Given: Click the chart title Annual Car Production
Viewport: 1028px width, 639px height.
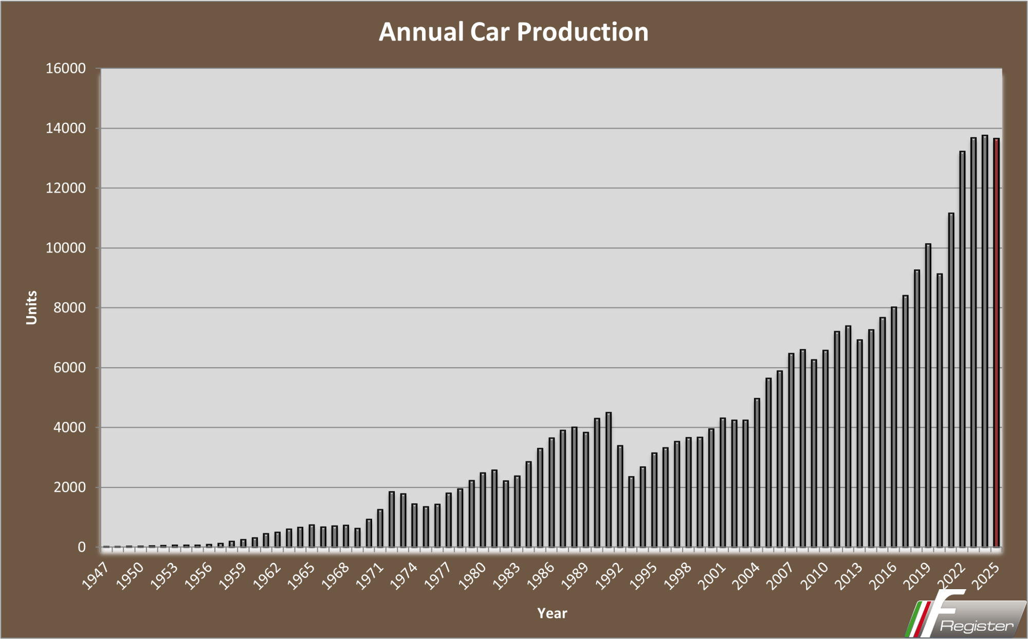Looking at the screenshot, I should click(x=513, y=32).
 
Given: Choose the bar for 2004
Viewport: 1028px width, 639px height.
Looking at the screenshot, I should click(x=757, y=472).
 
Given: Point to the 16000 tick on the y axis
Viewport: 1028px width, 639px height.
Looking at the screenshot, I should click(x=66, y=68).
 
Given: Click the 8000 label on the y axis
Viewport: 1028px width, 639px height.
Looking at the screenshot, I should click(x=69, y=308).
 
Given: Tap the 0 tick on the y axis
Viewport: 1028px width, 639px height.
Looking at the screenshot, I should click(x=82, y=547).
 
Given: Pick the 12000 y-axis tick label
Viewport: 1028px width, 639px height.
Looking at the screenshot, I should click(x=66, y=188).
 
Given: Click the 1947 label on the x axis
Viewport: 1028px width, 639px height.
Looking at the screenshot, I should click(x=96, y=576).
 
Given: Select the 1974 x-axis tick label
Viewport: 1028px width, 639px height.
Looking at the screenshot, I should click(x=404, y=576).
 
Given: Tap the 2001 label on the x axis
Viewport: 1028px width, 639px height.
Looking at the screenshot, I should click(x=712, y=576).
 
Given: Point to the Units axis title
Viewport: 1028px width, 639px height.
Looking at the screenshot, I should click(x=32, y=307).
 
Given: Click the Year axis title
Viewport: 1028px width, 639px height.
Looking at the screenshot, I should click(x=552, y=613).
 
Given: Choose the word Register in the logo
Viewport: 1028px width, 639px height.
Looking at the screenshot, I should click(x=976, y=626).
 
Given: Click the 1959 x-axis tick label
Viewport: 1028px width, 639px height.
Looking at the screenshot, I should click(x=233, y=576).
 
